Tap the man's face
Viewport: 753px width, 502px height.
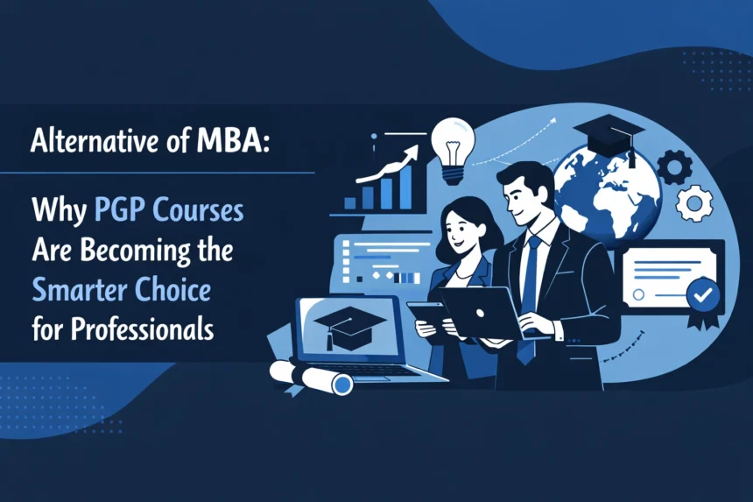pos(526,197)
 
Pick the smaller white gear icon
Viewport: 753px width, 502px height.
pos(694,202)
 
